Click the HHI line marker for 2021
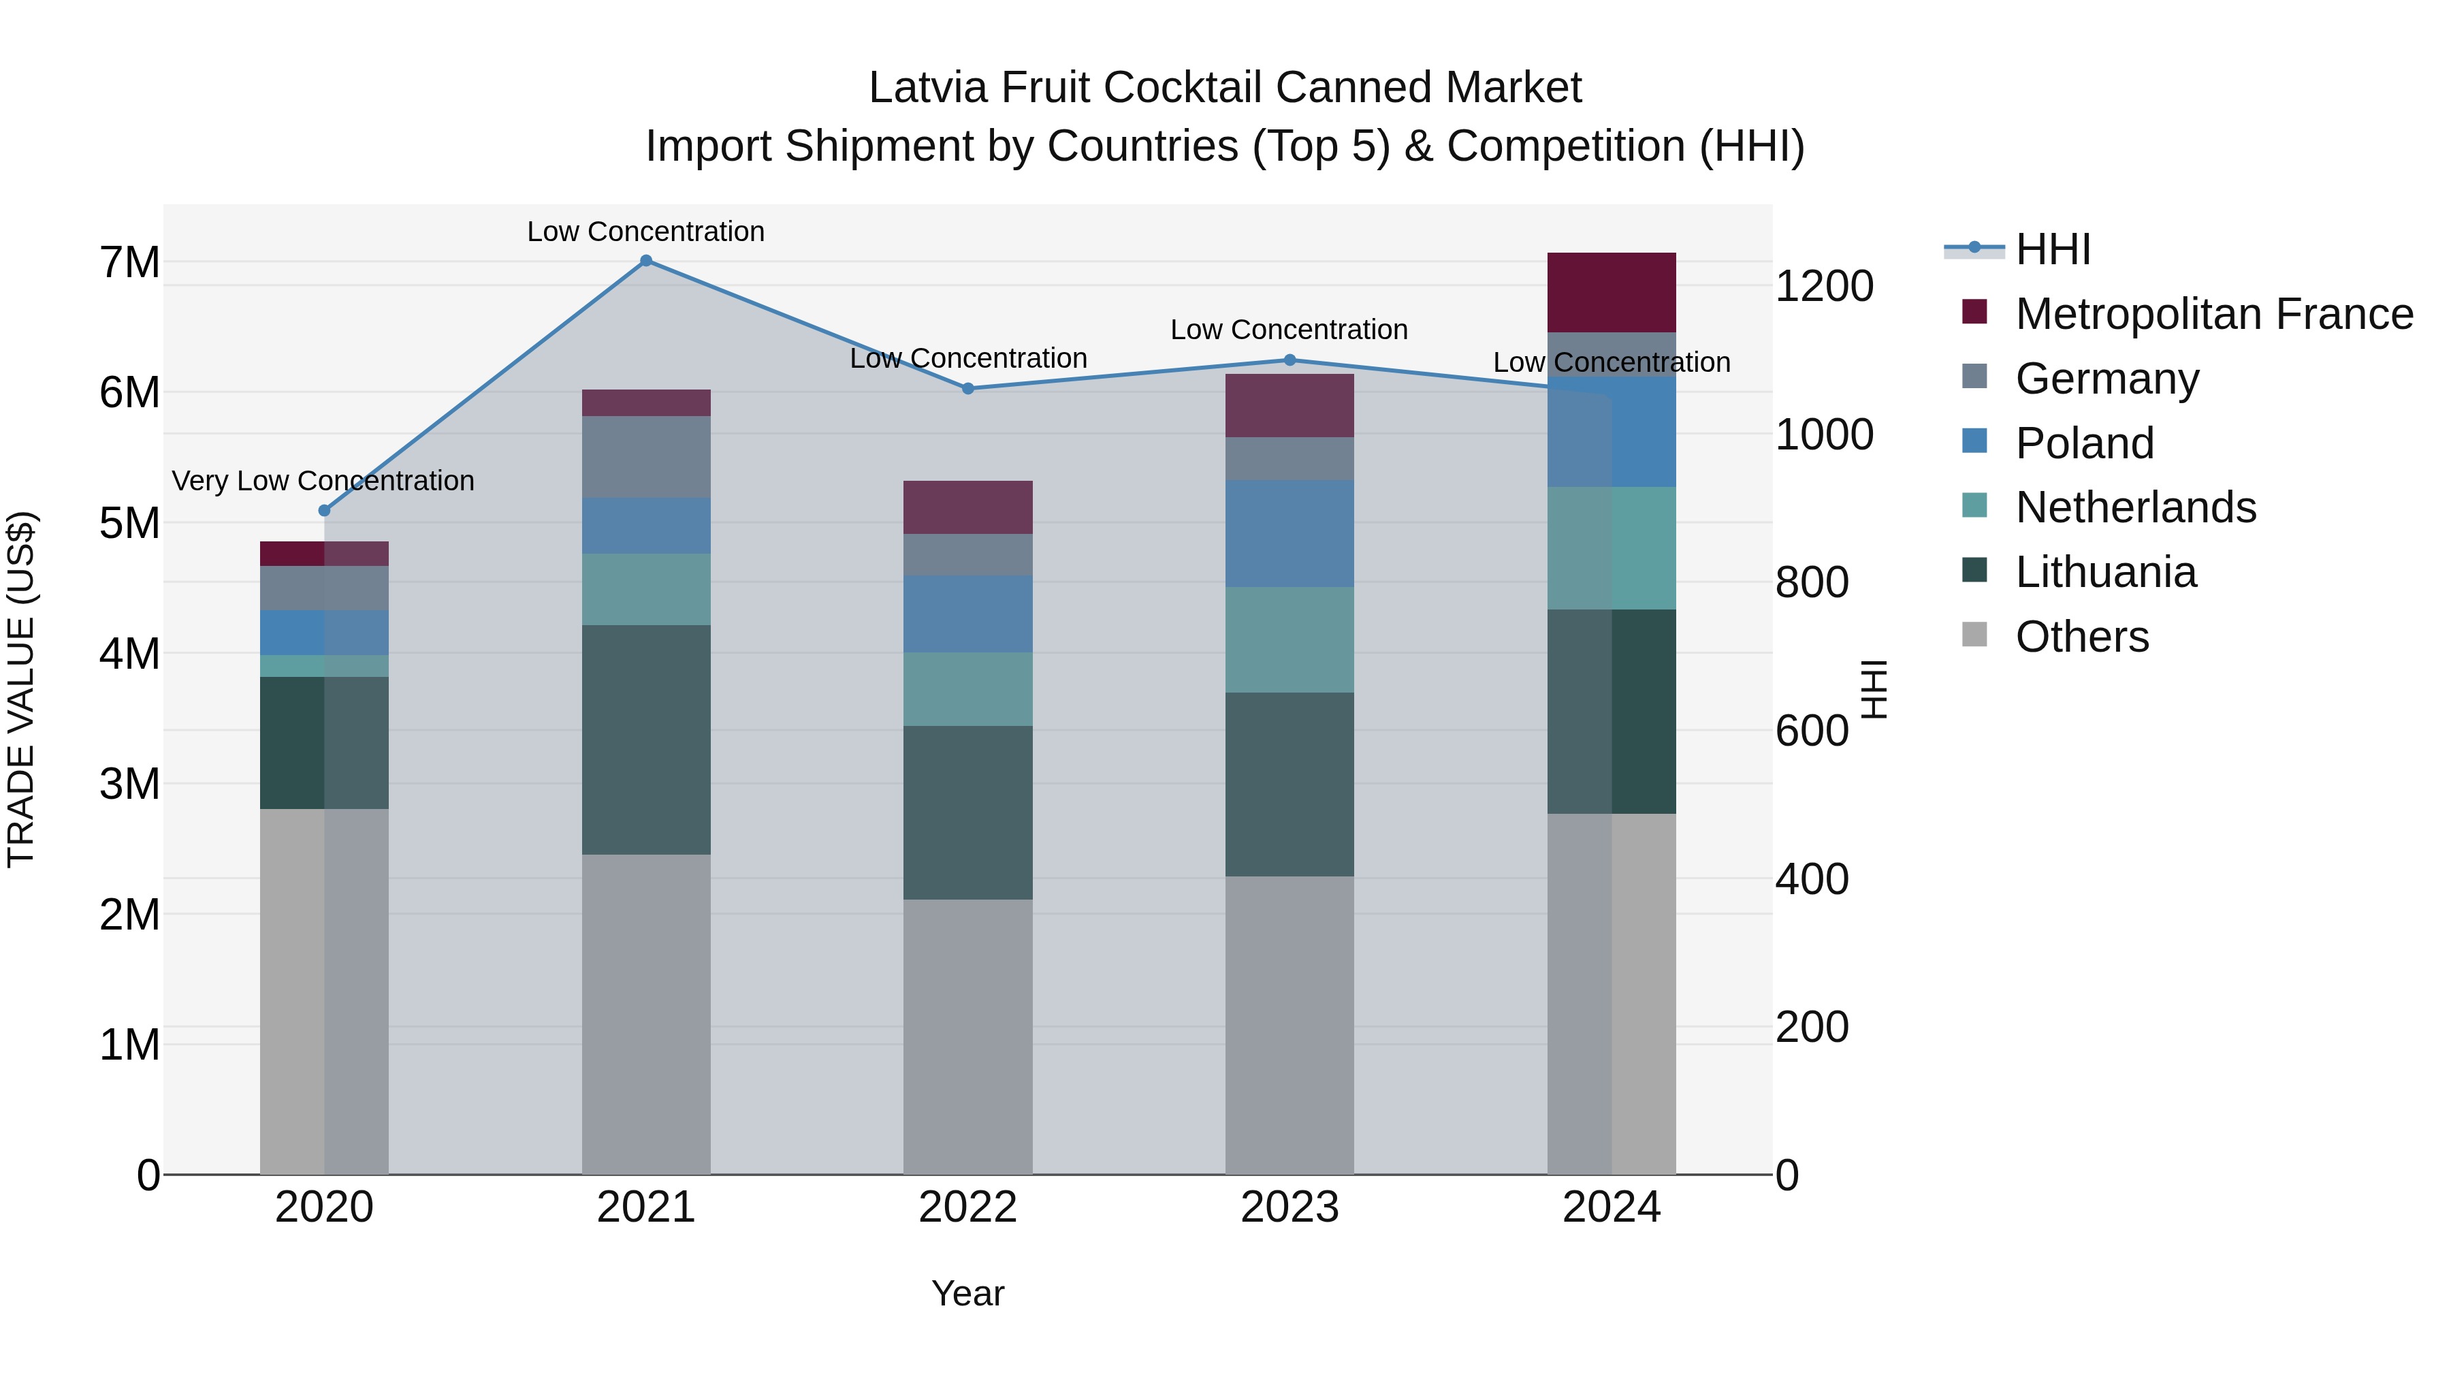coord(646,261)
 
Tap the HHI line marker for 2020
coord(325,511)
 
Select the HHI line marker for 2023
coord(1290,360)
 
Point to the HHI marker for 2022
coord(967,388)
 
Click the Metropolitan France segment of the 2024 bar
coord(1611,293)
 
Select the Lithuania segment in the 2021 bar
coord(646,740)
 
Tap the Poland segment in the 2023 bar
coord(1289,534)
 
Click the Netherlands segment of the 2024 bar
coord(1611,548)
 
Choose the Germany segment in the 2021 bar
coord(646,457)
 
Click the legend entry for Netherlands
coord(2135,507)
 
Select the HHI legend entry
coord(2052,249)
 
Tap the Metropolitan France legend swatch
coord(1974,312)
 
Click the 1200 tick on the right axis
coord(1824,287)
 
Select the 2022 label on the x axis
coord(967,1207)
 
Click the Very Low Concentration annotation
coord(323,481)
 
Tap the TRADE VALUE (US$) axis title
coord(21,689)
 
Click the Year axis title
coord(967,1293)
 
